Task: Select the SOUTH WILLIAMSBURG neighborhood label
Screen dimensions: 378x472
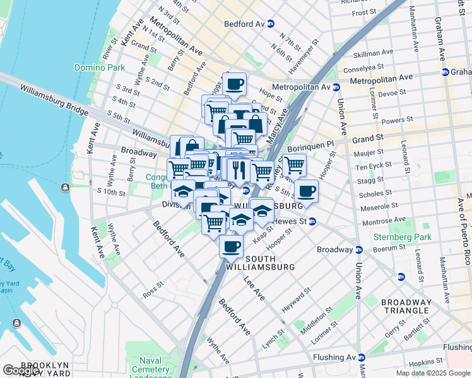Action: tap(261, 263)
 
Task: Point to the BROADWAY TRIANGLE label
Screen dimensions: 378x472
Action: tap(406, 307)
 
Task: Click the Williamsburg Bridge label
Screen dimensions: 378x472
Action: tap(53, 101)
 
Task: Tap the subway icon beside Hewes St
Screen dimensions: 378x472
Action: tap(312, 221)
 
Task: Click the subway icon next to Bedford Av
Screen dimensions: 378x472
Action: tap(271, 24)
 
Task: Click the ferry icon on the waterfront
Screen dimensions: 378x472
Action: tap(64, 187)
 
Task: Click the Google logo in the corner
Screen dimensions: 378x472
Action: tap(21, 371)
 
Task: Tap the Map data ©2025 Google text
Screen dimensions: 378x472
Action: tap(433, 373)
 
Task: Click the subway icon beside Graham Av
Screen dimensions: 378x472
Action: tap(445, 72)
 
